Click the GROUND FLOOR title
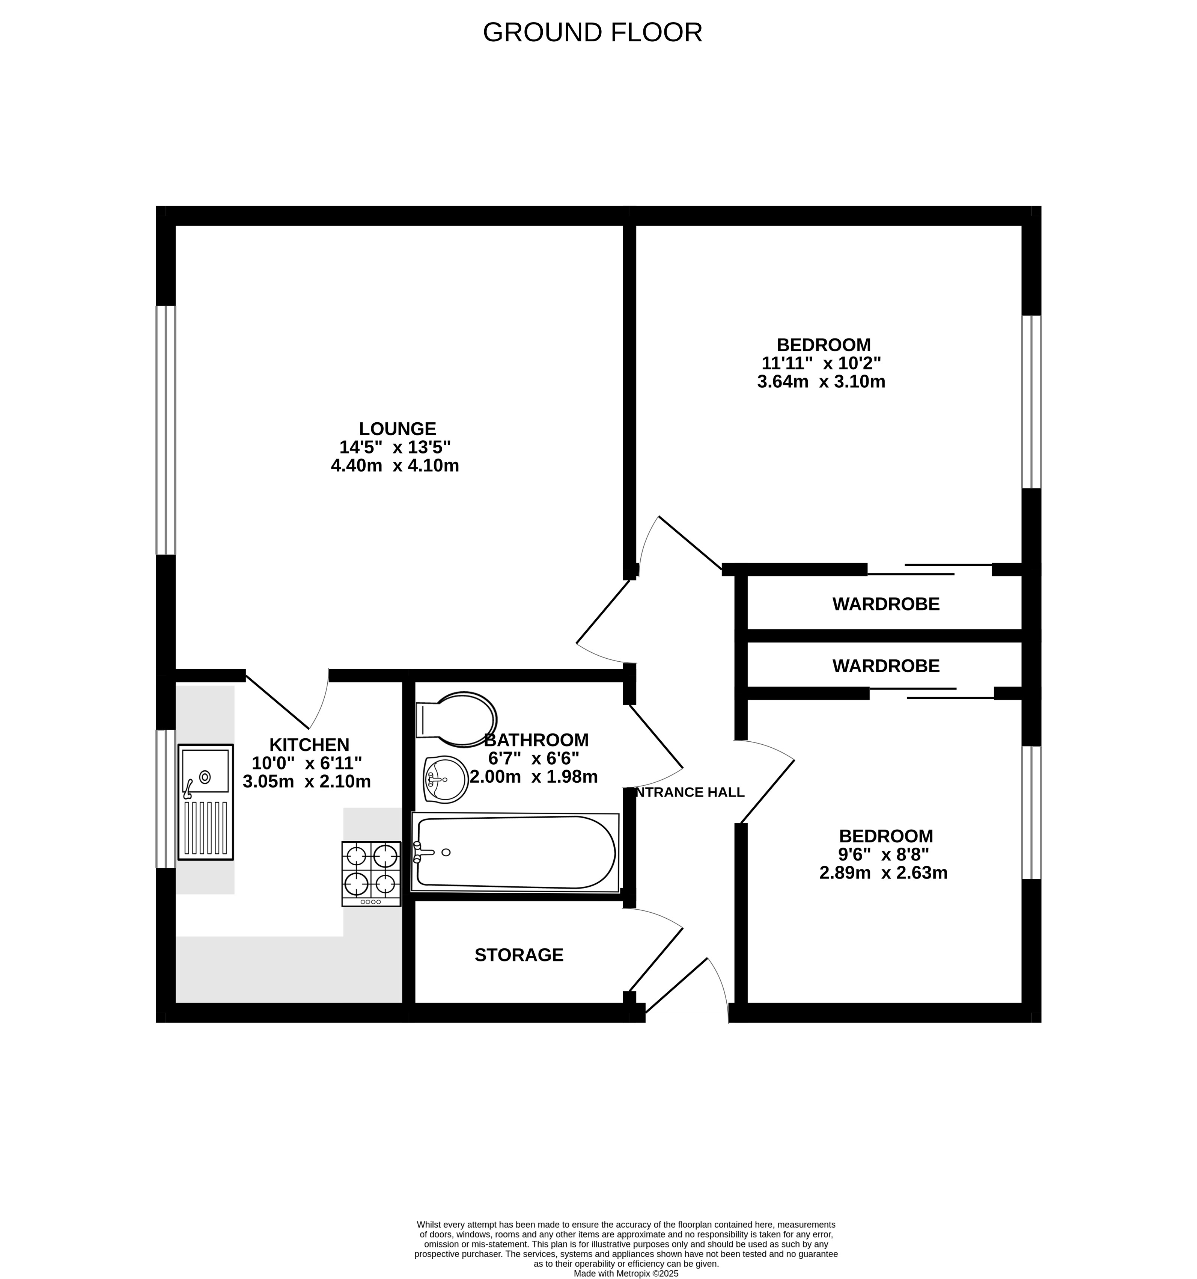(x=592, y=33)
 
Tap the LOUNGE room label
(x=397, y=428)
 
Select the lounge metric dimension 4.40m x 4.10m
(x=395, y=465)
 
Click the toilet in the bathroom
(x=456, y=719)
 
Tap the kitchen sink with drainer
(x=205, y=801)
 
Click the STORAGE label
(x=519, y=955)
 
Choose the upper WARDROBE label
(x=886, y=604)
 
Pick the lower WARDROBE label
(x=886, y=666)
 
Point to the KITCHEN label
(x=309, y=744)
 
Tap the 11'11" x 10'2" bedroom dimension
(x=822, y=363)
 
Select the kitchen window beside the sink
(x=166, y=798)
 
